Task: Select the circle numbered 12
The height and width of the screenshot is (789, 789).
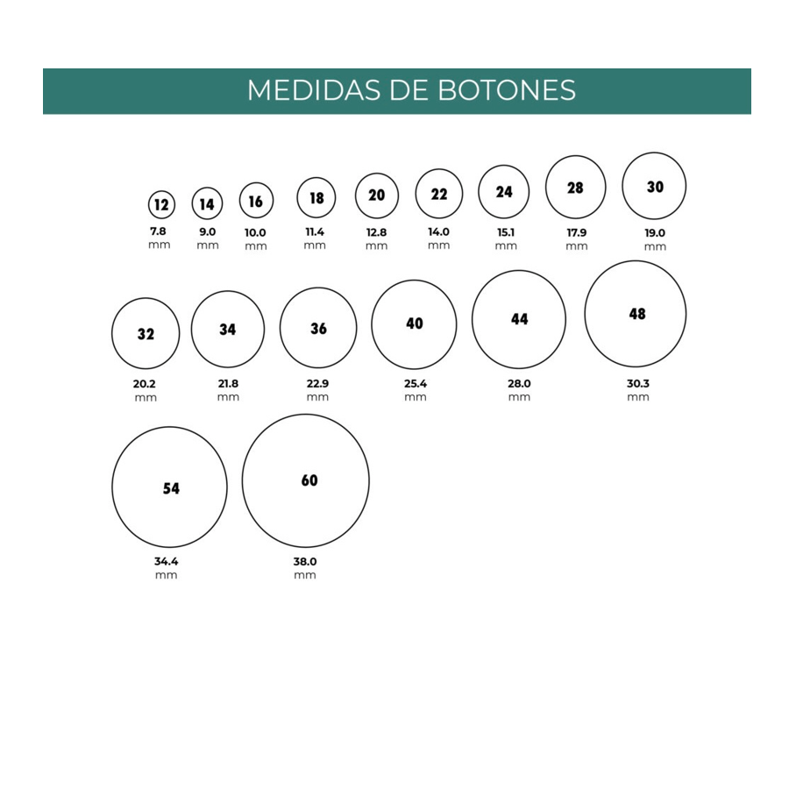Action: coord(161,205)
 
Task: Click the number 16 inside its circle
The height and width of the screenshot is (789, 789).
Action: coord(256,202)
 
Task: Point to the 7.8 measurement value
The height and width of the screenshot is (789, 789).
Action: coord(159,231)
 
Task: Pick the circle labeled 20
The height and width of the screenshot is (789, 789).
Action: coord(377,195)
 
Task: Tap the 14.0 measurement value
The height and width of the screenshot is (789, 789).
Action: coord(439,232)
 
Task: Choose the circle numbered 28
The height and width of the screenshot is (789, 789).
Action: coord(576,188)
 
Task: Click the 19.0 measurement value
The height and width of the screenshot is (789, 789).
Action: coord(655,233)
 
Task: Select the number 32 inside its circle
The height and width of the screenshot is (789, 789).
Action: coord(146,334)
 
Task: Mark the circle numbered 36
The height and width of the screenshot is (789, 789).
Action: coord(318,328)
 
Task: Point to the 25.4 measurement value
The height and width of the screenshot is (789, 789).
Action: coord(416,384)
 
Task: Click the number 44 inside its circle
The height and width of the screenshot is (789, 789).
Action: coord(519,319)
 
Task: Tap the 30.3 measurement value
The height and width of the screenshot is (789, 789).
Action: coord(638,384)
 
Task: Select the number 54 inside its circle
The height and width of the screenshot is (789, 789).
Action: coord(171,488)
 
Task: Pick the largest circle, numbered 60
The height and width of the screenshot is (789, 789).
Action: coord(305,481)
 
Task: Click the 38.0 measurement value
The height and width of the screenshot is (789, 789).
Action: coord(305,562)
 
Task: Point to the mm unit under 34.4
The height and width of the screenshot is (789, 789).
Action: coord(167,575)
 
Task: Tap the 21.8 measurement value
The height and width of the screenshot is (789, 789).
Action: coord(228,384)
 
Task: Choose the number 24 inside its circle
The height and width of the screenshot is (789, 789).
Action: coord(504,191)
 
